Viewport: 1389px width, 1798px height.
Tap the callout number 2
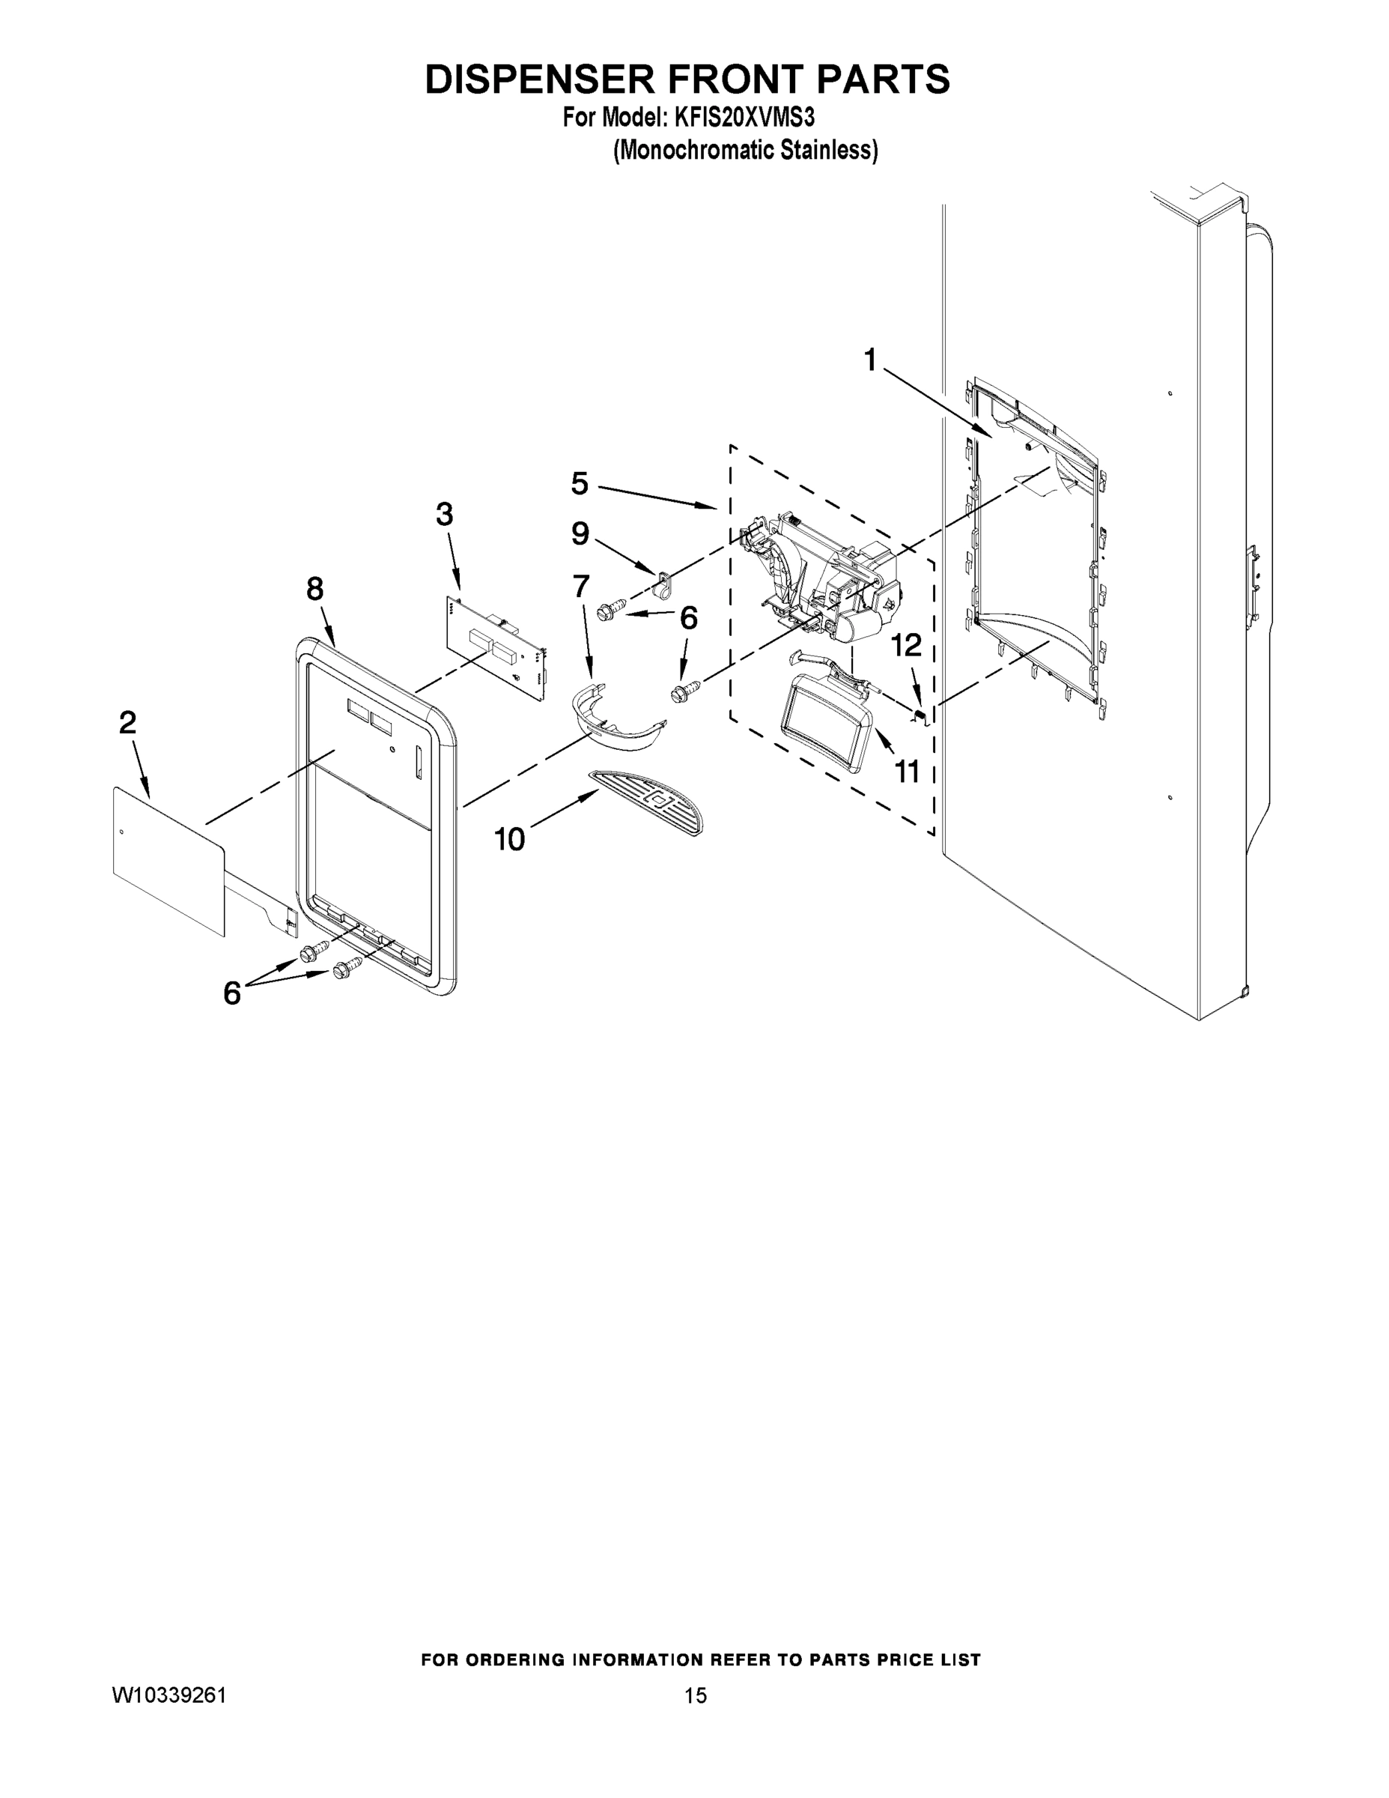tap(127, 722)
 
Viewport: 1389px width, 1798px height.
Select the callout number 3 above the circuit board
tap(444, 515)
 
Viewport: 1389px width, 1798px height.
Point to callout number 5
tap(580, 483)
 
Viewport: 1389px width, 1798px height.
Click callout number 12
tap(907, 646)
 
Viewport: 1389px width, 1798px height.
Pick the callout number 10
tap(509, 840)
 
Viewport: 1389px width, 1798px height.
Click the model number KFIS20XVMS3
tap(745, 118)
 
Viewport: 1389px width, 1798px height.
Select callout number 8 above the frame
tap(315, 589)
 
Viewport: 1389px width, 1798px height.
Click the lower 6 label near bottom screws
tap(233, 993)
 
